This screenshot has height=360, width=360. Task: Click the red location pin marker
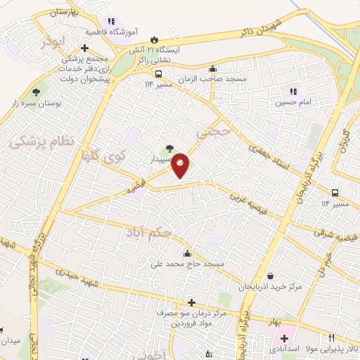tap(181, 165)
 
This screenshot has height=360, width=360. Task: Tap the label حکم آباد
tap(149, 231)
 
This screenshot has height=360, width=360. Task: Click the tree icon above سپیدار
tap(169, 149)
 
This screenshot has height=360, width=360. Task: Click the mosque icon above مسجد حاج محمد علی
tap(186, 254)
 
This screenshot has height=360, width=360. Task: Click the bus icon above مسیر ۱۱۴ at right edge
tap(336, 193)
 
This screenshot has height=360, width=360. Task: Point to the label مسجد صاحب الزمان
tap(213, 79)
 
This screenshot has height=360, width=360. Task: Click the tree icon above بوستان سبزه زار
tap(35, 92)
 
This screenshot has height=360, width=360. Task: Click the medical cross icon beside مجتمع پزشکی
tap(84, 48)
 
